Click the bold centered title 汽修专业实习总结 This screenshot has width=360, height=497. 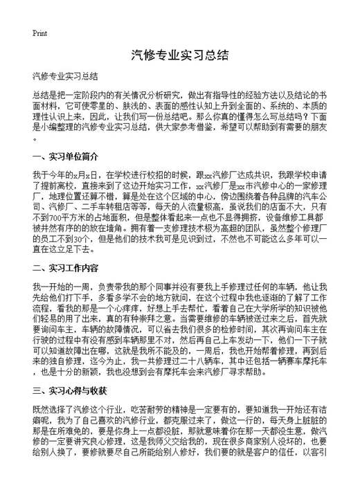pyautogui.click(x=179, y=55)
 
